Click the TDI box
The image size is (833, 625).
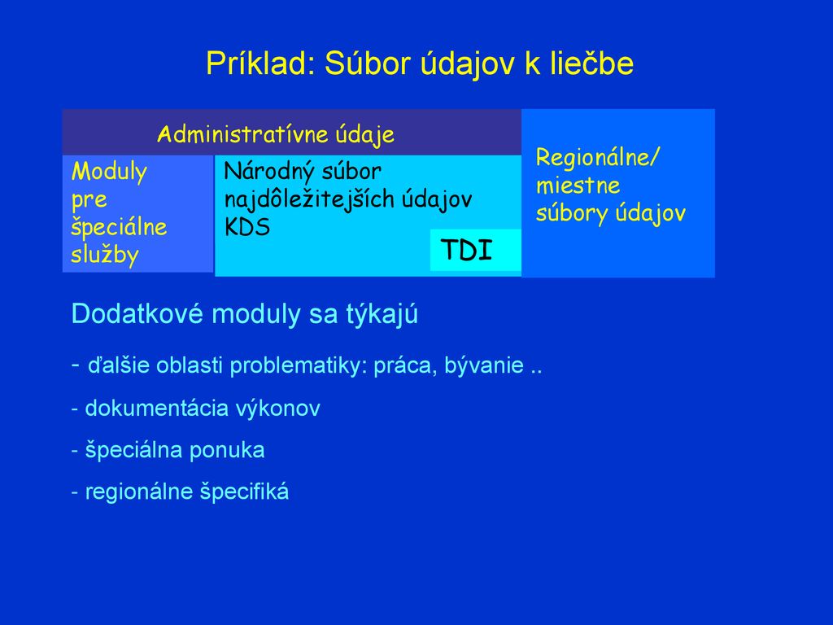tap(475, 250)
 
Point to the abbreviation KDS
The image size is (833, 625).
tap(247, 228)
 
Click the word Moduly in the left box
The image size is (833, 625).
tap(109, 173)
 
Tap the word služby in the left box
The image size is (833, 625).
tap(105, 255)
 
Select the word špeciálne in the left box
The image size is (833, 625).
tap(119, 228)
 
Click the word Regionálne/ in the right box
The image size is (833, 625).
tap(598, 158)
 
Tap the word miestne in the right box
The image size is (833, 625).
tap(578, 186)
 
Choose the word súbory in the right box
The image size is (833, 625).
tap(572, 214)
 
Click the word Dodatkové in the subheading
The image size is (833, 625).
tap(137, 313)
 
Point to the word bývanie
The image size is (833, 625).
tap(484, 366)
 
